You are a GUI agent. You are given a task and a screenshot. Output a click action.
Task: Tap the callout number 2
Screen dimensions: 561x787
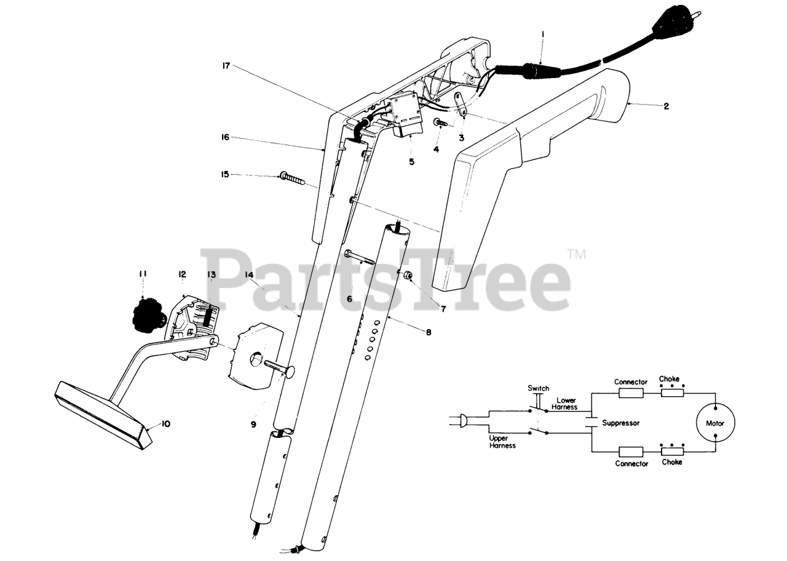[x=666, y=106]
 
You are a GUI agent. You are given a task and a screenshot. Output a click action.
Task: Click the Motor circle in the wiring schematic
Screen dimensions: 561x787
[x=714, y=423]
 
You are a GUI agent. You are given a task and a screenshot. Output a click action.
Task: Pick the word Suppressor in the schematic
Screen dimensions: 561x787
[x=621, y=423]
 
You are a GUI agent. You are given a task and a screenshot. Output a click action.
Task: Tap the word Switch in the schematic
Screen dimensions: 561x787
[x=539, y=389]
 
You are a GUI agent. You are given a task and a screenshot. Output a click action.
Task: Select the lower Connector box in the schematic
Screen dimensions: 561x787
[x=631, y=452]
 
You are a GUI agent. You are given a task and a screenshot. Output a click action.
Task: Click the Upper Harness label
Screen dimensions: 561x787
[x=502, y=442]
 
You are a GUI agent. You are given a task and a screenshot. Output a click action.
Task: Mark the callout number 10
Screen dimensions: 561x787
[x=165, y=424]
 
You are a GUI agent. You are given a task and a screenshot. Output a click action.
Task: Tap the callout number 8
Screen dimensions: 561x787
[x=428, y=332]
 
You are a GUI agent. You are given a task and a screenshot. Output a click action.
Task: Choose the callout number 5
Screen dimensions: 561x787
[x=411, y=162]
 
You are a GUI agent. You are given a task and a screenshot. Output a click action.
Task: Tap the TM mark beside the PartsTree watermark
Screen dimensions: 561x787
[x=576, y=253]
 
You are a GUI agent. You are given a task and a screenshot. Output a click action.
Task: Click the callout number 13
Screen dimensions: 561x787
[x=211, y=274]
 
